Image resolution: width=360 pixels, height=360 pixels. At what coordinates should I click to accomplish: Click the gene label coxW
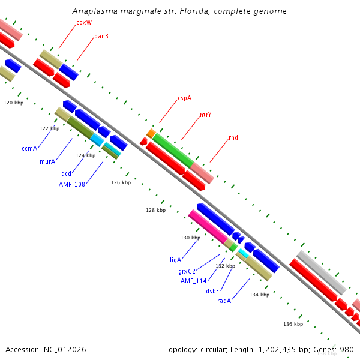[x=84, y=23]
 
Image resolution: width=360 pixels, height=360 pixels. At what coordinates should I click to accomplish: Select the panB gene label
[x=101, y=37]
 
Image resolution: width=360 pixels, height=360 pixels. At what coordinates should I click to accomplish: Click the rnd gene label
[x=233, y=138]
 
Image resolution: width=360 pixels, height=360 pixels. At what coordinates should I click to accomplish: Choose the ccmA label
[x=29, y=148]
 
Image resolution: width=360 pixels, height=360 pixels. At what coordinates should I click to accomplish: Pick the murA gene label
[x=47, y=162]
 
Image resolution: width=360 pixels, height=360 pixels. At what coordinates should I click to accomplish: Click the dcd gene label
[x=66, y=174]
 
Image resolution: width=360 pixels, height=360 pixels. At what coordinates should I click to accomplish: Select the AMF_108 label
[x=72, y=184]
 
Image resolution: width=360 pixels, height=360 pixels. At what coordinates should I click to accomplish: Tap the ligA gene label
[x=175, y=260]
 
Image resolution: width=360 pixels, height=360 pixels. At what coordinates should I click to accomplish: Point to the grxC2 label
[x=187, y=271]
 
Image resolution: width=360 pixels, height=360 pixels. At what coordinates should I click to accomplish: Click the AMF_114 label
[x=193, y=281]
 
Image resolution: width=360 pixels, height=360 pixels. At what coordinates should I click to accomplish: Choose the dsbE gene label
[x=213, y=291]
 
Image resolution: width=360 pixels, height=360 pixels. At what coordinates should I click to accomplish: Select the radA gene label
[x=224, y=301]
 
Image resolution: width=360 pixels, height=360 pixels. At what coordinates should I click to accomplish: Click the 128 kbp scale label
[x=155, y=211]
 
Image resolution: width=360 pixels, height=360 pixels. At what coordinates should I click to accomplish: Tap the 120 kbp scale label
[x=13, y=103]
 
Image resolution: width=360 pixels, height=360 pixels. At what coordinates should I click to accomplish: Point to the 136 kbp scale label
[x=293, y=324]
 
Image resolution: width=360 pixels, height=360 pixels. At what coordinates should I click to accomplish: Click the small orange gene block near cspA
[x=151, y=133]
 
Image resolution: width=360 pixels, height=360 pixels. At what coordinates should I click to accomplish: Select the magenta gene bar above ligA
[x=208, y=227]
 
